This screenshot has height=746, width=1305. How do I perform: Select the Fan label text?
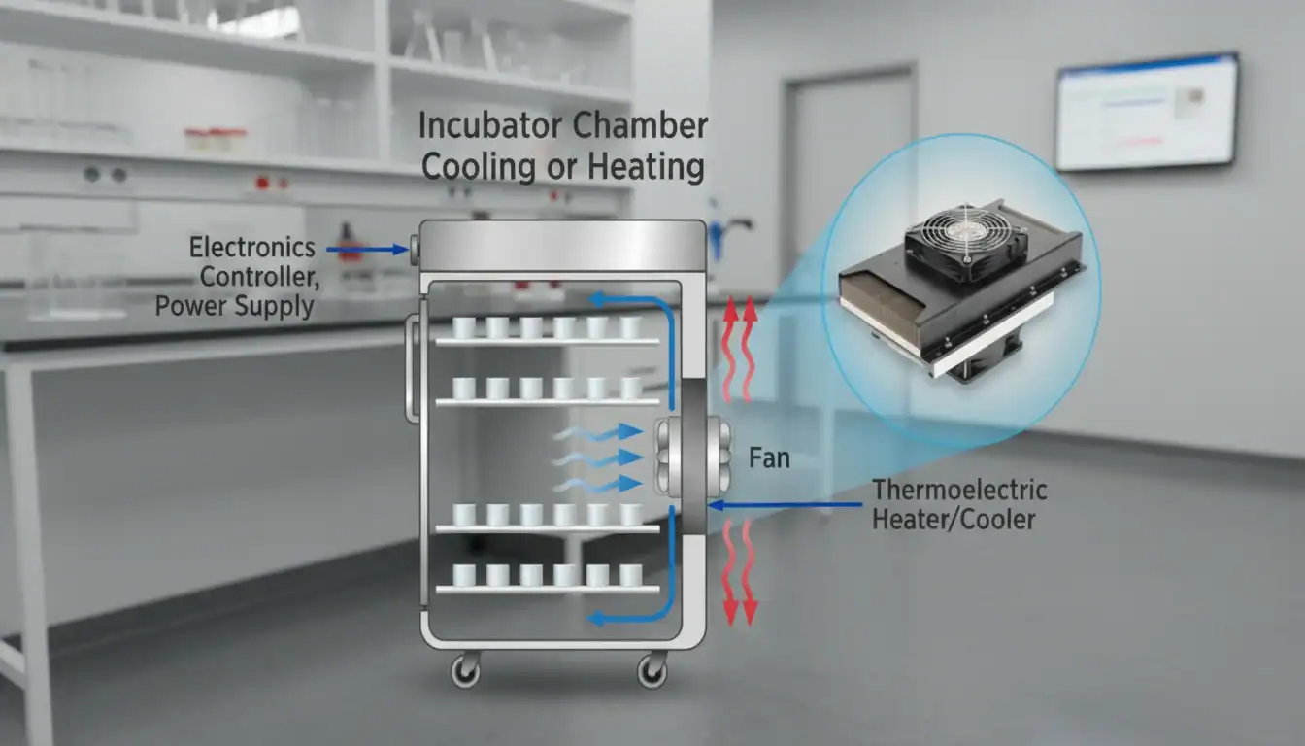[x=769, y=458]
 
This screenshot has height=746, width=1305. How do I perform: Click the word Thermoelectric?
[x=959, y=490]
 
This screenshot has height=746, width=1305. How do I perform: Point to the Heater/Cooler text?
[x=953, y=519]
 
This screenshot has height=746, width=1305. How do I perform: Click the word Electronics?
[x=251, y=247]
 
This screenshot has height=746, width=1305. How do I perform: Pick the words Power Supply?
[x=234, y=307]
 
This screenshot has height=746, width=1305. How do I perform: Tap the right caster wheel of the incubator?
[x=652, y=669]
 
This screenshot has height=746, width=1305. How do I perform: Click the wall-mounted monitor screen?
[x=1147, y=112]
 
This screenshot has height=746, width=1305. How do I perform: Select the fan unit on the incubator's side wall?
[x=691, y=458]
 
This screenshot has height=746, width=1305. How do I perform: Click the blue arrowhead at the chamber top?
[x=600, y=299]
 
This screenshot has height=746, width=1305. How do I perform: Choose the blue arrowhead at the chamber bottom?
[x=600, y=617]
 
